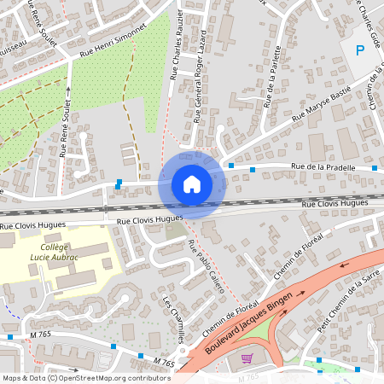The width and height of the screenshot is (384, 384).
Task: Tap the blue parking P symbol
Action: click(x=360, y=49)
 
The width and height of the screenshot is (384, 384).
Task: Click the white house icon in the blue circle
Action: click(x=191, y=183)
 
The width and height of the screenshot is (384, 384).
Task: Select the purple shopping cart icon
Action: click(x=247, y=359)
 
